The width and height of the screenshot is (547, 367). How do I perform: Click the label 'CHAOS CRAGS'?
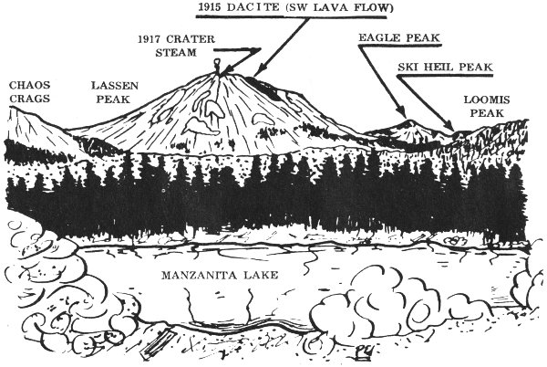pos(30,92)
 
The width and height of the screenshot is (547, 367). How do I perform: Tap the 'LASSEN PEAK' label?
pos(115,92)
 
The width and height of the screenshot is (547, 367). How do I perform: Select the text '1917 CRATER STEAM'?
pos(176,46)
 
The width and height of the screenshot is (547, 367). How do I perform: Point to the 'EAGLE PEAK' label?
pos(399,37)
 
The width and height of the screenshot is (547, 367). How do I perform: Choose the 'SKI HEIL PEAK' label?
pos(445,67)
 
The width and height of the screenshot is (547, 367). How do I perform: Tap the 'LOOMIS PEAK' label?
pos(487,107)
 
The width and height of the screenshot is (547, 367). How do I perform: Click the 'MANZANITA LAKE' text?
pos(220,275)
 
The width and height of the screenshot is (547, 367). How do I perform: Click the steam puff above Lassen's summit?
pos(217,63)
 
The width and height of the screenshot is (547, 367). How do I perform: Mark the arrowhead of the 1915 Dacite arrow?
pos(257,72)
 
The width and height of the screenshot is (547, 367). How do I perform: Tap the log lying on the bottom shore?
pos(158,345)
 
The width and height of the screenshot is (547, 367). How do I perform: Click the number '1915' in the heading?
pos(210,7)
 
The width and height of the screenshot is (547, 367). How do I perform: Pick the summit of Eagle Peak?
pos(409,121)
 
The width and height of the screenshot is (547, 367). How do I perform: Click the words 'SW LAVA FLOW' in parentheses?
pos(339,7)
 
